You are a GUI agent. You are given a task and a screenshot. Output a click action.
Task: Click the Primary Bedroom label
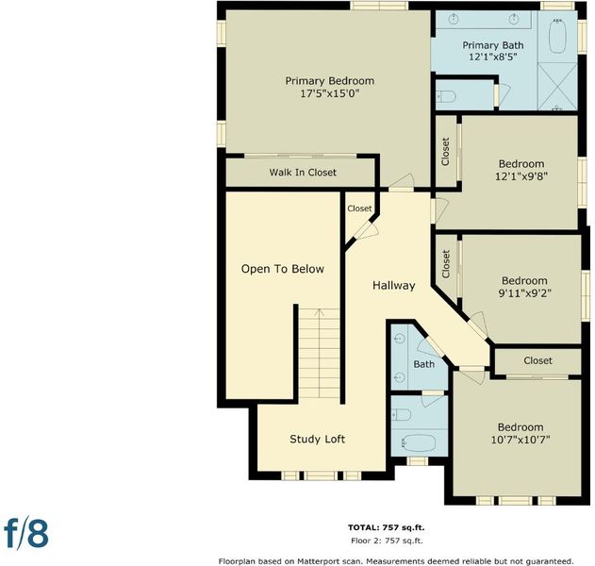[x=329, y=81]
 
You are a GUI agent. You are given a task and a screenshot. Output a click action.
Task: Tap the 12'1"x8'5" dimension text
[x=493, y=57]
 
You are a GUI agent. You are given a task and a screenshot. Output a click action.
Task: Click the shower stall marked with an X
[x=557, y=87]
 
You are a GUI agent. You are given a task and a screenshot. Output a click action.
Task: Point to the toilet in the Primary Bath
[x=446, y=96]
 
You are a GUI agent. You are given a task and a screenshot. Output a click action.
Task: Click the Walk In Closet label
[x=303, y=173]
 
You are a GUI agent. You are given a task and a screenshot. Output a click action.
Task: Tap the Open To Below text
[x=283, y=269]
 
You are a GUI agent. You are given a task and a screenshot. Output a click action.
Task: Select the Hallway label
[x=394, y=286]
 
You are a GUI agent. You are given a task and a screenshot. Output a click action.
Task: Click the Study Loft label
[x=317, y=440]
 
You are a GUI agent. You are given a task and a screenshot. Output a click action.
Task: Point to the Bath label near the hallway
[x=424, y=364]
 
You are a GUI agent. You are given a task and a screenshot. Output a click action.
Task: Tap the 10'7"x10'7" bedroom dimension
[x=521, y=440]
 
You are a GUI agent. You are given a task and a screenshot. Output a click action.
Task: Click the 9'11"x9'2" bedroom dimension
[x=524, y=293]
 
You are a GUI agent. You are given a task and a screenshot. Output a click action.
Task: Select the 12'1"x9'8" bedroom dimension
[x=521, y=176]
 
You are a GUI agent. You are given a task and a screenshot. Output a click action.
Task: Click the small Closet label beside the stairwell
[x=359, y=208]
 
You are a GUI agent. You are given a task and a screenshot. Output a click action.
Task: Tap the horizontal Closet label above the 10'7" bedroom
[x=538, y=360]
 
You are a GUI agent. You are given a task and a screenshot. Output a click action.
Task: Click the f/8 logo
[x=26, y=533]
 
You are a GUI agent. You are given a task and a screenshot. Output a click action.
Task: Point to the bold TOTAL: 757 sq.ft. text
[x=387, y=527]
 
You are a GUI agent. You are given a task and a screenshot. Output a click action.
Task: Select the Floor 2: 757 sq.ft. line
[x=387, y=541]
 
